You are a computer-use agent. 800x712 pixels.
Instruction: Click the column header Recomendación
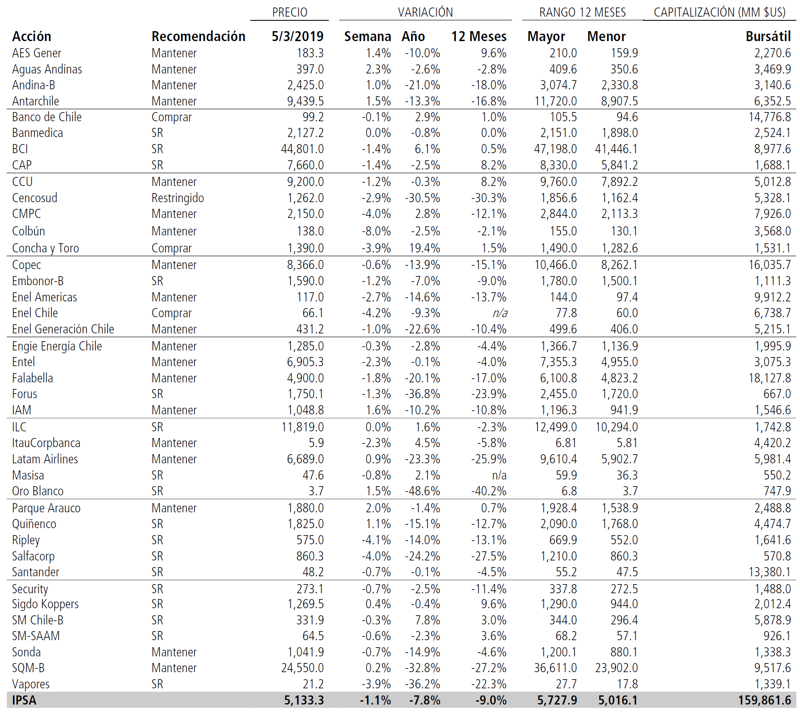pyautogui.click(x=198, y=37)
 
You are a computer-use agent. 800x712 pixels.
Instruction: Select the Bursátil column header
pyautogui.click(x=768, y=37)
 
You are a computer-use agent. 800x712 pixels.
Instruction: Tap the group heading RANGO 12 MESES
pyautogui.click(x=582, y=12)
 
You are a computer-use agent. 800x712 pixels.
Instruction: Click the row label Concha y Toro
pyautogui.click(x=45, y=248)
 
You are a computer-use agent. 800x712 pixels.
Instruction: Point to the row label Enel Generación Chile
pyautogui.click(x=63, y=329)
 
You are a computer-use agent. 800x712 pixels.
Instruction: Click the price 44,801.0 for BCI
pyautogui.click(x=302, y=149)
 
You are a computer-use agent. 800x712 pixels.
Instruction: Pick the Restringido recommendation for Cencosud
pyautogui.click(x=178, y=198)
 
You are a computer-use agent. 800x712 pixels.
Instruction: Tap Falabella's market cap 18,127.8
pyautogui.click(x=770, y=378)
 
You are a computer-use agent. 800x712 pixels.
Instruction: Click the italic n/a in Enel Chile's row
pyautogui.click(x=500, y=313)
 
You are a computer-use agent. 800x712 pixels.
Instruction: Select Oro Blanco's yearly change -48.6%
pyautogui.click(x=422, y=491)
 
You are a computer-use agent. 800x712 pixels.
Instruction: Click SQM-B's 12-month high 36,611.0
pyautogui.click(x=555, y=668)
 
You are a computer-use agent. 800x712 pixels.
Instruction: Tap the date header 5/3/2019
pyautogui.click(x=297, y=37)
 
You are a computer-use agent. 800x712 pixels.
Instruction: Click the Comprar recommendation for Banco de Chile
pyautogui.click(x=171, y=117)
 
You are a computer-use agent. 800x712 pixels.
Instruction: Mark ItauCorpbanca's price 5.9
pyautogui.click(x=316, y=443)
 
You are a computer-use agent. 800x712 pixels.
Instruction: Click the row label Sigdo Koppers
pyautogui.click(x=45, y=604)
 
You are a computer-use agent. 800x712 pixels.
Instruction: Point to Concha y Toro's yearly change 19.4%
pyautogui.click(x=424, y=248)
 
